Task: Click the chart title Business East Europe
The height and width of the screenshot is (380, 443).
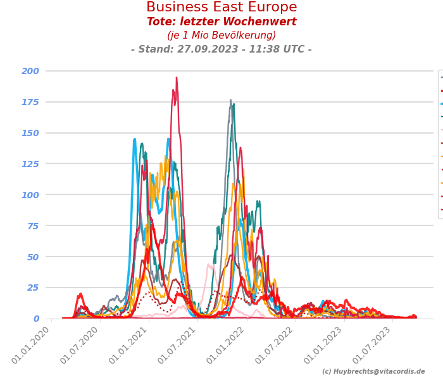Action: (x=221, y=8)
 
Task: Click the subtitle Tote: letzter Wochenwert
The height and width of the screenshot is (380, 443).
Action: (x=221, y=22)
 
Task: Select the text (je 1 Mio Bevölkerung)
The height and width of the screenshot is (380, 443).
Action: (x=221, y=35)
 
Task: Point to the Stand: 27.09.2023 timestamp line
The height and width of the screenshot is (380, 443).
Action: (x=221, y=49)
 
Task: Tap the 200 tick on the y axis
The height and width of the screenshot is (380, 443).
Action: (x=30, y=71)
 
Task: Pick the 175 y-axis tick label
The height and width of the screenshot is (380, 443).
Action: (x=30, y=102)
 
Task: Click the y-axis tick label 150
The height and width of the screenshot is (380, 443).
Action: (x=30, y=133)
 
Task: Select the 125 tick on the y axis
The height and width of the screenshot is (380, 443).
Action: (x=30, y=164)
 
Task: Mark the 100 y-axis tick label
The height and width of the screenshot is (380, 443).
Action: (x=30, y=195)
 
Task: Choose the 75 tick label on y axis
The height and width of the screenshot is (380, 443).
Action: (x=33, y=226)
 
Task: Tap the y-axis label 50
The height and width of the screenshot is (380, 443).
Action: (x=33, y=257)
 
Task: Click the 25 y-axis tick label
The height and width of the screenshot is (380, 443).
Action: (x=33, y=288)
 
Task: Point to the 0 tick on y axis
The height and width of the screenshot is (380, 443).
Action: (x=36, y=319)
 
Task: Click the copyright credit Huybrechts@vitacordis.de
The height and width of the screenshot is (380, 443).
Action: (x=373, y=372)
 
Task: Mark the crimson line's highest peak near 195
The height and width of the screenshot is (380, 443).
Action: (x=177, y=78)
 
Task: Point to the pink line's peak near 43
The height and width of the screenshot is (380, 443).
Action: (x=209, y=265)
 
